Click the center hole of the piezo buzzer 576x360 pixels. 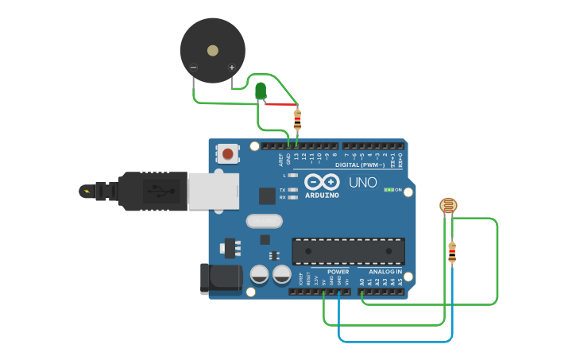[212, 51]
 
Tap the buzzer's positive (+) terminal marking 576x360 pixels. [232, 68]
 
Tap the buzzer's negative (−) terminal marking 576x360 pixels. [193, 68]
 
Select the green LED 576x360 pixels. [261, 91]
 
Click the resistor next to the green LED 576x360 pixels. [297, 120]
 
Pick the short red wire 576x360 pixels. [280, 104]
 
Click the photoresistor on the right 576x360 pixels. [449, 206]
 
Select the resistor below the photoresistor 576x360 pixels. [452, 253]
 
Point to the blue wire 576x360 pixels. [397, 341]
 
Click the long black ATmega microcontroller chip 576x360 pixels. [348, 250]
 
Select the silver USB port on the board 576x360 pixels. [213, 192]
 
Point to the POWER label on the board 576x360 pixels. [338, 272]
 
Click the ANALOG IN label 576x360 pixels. [385, 272]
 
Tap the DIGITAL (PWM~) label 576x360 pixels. [359, 165]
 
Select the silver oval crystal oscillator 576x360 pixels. [265, 221]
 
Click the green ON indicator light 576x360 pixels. [389, 190]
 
